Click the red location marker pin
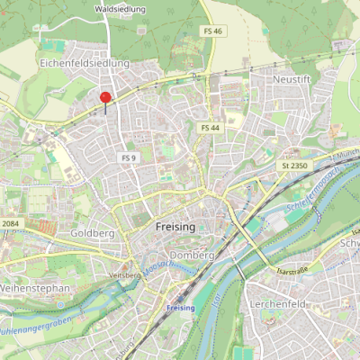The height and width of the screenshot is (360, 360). click(105, 100)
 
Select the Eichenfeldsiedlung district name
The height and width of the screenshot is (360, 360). click(85, 64)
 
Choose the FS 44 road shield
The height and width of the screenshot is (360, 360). click(211, 128)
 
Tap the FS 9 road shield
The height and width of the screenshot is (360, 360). click(128, 157)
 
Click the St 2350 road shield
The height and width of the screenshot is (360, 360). click(294, 166)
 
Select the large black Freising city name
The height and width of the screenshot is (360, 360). click(175, 227)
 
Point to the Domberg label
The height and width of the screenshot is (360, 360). click(192, 255)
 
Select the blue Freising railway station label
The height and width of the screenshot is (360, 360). click(180, 309)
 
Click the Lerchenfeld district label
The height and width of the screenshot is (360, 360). click(278, 305)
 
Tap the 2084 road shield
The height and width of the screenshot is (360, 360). click(9, 223)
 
